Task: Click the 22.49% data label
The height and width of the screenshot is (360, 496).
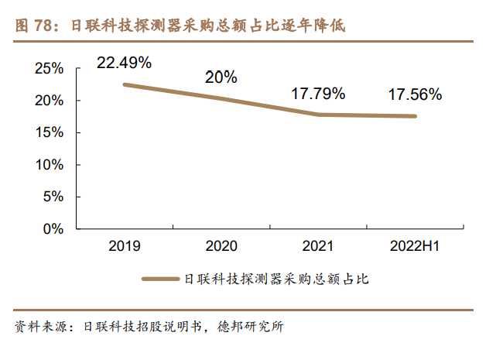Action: pos(124,62)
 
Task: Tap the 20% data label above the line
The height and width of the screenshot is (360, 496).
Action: pos(221,77)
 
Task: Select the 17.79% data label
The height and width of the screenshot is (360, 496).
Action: pos(318,94)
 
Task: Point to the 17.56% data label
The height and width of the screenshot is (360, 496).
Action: pos(415,95)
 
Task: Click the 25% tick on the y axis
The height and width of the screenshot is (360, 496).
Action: pos(49,69)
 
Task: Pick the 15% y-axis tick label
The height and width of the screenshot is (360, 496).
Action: pos(49,133)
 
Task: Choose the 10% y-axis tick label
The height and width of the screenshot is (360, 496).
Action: pos(49,165)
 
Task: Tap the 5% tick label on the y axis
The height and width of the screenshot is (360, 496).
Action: pos(53,197)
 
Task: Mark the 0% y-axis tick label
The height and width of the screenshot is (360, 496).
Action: pos(53,229)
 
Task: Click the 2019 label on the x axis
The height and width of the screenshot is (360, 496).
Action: pos(124,246)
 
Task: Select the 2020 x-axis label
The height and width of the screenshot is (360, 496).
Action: pos(221,246)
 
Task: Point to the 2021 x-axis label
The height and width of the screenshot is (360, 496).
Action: pos(318,246)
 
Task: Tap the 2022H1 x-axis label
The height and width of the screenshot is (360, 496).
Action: pos(415,246)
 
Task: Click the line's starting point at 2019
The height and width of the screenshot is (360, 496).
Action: pos(125,84)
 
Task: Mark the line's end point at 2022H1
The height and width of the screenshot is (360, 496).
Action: pos(415,116)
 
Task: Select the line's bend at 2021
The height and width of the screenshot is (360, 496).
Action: pos(318,115)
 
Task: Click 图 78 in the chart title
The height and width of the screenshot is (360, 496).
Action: pos(35,25)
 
